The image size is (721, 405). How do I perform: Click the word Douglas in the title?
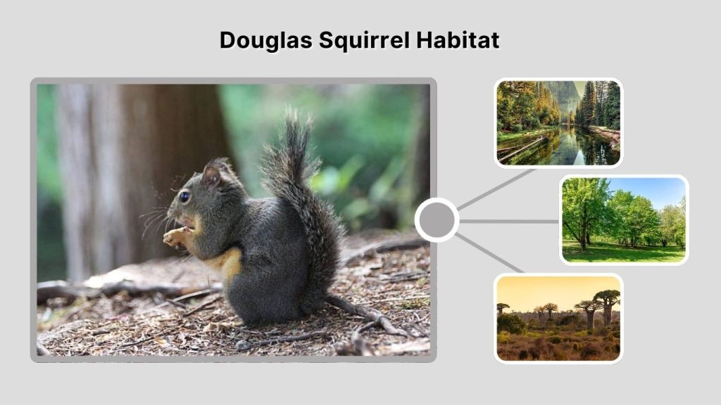pos(265,40)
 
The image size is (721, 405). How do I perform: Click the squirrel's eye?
pos(184,197)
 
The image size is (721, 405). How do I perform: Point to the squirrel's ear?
pos(211,173)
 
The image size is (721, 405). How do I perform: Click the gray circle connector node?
pos(437,220)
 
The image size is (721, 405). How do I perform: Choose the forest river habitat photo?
pos(558,123)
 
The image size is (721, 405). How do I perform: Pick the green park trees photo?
pos(624,219)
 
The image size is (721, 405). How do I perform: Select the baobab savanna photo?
pos(558,318)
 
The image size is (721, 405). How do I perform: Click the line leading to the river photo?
pos(496,188)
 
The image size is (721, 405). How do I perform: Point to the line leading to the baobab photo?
pos(493,255)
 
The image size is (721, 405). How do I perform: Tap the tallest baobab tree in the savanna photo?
pos(606,304)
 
